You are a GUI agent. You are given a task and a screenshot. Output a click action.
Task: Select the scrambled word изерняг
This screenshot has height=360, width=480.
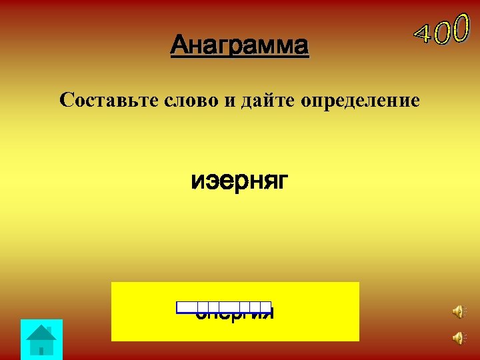239,181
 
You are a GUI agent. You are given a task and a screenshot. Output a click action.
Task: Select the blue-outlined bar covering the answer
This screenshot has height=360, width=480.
224,307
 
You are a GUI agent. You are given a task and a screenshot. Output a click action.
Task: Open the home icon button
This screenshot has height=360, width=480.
41,339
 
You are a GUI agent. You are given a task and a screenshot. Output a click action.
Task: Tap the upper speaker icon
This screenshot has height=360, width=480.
458,311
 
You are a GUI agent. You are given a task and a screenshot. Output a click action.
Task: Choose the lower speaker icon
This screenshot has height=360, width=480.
458,338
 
